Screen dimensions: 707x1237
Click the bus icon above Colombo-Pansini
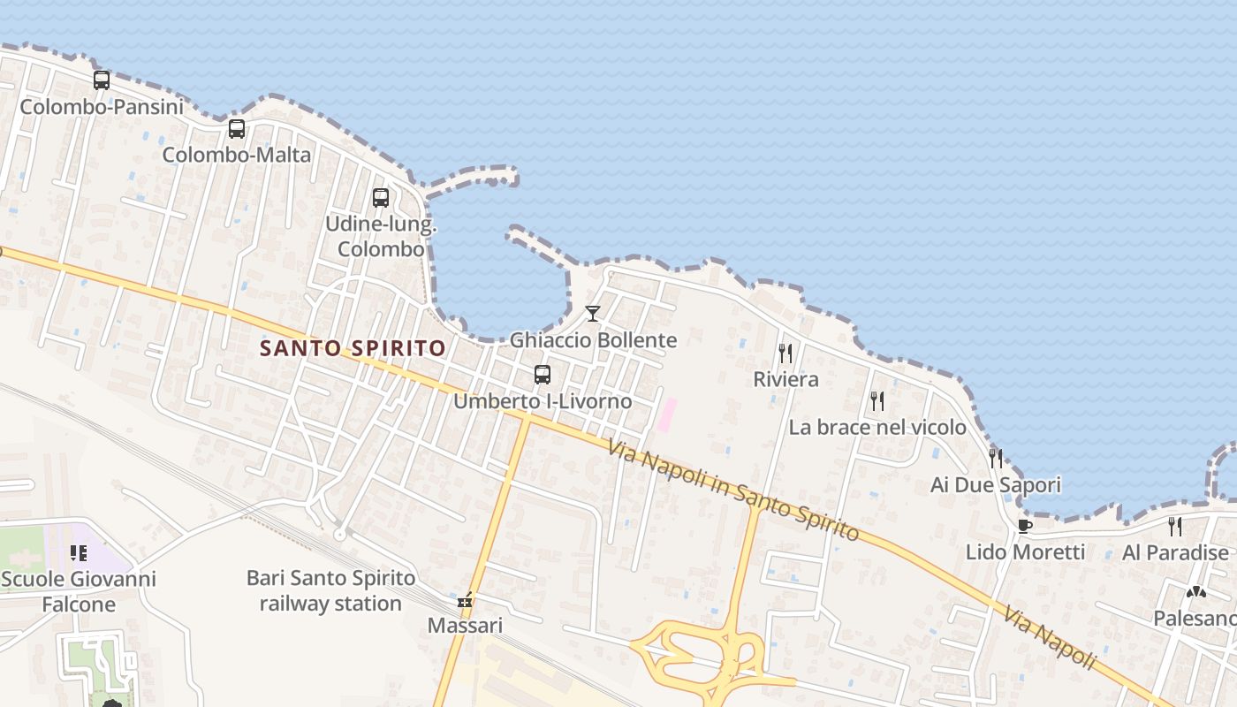point(102,80)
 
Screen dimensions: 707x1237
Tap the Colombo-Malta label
point(237,156)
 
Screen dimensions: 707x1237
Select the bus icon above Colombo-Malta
point(237,129)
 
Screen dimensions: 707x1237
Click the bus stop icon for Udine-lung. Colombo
point(381,198)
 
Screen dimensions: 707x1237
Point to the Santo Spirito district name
point(353,348)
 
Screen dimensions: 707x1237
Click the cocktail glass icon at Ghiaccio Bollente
point(593,314)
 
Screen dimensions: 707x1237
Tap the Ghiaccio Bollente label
point(593,340)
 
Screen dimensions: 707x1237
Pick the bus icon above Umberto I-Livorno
point(543,375)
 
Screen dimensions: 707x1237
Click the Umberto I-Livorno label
point(543,401)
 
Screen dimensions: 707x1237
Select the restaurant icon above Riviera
point(785,353)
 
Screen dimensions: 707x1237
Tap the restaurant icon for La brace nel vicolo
point(877,401)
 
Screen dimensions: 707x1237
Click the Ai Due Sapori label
point(996,485)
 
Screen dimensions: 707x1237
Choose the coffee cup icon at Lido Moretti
point(1025,527)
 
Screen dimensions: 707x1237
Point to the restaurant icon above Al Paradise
point(1175,527)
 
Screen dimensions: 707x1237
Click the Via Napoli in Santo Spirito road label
point(733,491)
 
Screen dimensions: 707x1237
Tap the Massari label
point(465,626)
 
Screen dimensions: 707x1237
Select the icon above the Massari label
point(465,601)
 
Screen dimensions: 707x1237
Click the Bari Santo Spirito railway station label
point(330,591)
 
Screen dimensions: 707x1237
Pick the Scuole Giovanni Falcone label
point(79,592)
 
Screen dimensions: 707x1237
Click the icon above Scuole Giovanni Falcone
point(79,554)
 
